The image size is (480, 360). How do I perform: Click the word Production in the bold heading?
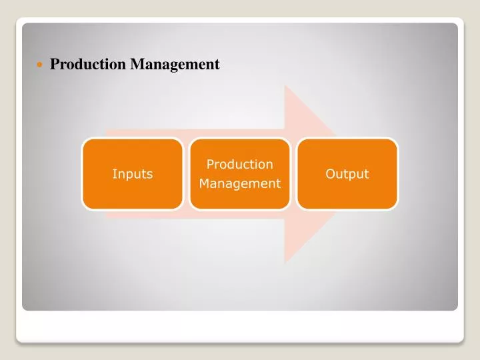pos(89,65)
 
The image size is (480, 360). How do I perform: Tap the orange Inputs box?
pos(132,174)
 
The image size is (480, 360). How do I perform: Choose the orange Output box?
pos(347,174)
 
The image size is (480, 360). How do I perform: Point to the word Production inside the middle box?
pos(239,164)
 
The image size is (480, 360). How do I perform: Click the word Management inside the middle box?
pos(239,183)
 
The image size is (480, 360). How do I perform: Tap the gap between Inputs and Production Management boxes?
pos(186,174)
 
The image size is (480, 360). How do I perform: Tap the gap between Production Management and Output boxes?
pos(293,174)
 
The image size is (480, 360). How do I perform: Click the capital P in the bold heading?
pos(55,65)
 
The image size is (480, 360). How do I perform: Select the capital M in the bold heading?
pos(137,65)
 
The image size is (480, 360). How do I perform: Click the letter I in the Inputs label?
pos(114,174)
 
